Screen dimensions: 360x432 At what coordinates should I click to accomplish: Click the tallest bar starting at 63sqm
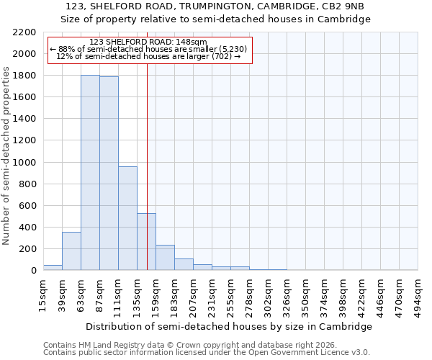tap(90, 173)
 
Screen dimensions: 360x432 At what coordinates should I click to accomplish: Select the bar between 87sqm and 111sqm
tap(109, 174)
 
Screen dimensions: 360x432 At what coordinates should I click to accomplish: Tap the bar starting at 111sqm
tap(127, 218)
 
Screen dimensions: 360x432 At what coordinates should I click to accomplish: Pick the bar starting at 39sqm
tap(71, 251)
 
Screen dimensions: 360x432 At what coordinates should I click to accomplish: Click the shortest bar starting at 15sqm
tap(53, 268)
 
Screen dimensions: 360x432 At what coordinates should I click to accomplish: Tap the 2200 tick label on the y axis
tap(24, 32)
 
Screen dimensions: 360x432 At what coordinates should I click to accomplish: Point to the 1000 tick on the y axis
tap(24, 163)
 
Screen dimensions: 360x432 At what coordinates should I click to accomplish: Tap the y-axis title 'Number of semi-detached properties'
tap(7, 156)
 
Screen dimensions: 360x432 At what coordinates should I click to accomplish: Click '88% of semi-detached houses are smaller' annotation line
tap(148, 49)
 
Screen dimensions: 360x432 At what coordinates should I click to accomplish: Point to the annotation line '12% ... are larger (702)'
tap(148, 56)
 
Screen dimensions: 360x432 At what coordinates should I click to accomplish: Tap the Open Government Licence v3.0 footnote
tap(207, 352)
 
